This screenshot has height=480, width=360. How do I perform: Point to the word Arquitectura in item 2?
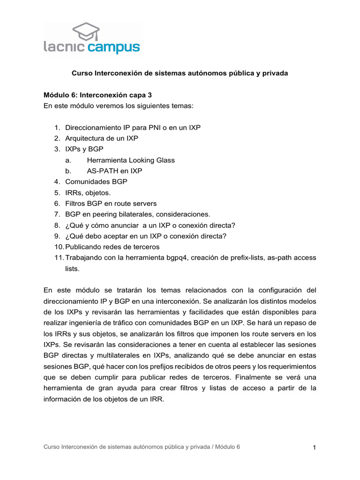tap(84, 138)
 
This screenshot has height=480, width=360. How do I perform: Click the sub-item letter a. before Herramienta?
tap(68, 160)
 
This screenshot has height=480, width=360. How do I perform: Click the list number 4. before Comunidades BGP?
tap(57, 181)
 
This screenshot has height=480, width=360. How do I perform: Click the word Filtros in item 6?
tap(76, 203)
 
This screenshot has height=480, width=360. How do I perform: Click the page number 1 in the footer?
tap(315, 448)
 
